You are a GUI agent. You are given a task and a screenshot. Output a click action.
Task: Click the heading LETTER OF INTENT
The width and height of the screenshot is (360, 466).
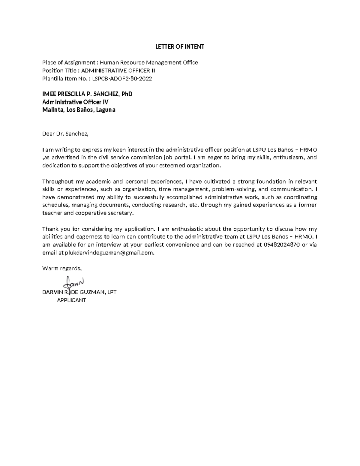(x=179, y=47)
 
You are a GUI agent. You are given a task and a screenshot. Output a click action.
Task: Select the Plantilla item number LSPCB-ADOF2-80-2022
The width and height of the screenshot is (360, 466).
(x=122, y=79)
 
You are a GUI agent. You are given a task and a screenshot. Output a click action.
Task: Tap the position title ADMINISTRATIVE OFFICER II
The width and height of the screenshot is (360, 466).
(x=118, y=71)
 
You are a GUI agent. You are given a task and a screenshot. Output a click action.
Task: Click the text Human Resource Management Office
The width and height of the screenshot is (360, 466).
(x=149, y=62)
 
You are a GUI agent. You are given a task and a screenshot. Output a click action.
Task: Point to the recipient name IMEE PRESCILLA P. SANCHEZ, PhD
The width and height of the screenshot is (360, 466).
(x=87, y=94)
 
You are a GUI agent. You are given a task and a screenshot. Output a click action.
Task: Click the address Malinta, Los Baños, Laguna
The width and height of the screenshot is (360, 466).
(x=79, y=110)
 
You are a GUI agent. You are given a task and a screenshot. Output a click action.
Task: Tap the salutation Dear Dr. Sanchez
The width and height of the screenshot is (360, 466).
(x=65, y=134)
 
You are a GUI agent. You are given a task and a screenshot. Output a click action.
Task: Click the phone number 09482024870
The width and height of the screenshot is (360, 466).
(x=282, y=245)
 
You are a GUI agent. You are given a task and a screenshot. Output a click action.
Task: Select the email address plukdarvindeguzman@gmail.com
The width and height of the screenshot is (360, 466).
(x=109, y=253)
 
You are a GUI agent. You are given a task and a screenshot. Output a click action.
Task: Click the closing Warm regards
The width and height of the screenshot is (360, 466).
(x=62, y=268)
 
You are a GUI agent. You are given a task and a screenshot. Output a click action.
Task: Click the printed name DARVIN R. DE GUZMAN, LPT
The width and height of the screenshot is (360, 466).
(x=79, y=292)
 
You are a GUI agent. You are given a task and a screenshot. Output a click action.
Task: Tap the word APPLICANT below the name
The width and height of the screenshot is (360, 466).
(x=71, y=300)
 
